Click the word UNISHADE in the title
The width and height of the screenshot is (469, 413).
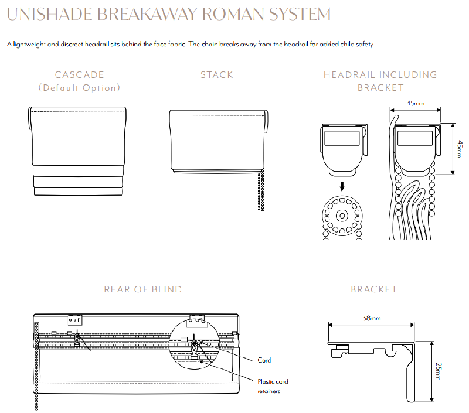click(x=49, y=14)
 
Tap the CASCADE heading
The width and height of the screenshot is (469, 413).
click(x=79, y=75)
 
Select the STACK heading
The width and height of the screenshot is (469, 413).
click(x=216, y=75)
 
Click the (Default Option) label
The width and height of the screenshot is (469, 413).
click(x=79, y=88)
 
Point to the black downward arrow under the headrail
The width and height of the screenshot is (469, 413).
click(x=342, y=187)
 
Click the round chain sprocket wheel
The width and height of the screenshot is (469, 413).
click(x=342, y=216)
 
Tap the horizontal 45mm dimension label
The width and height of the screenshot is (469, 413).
click(x=416, y=104)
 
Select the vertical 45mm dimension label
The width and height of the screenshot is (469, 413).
click(x=460, y=149)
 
